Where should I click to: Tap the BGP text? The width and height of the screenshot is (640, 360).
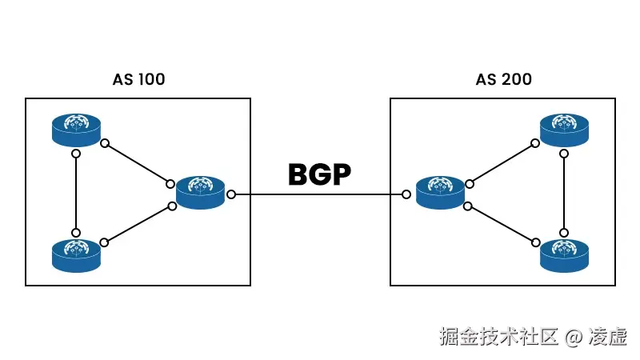coord(320,174)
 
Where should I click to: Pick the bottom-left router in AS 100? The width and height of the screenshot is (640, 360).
coord(77,254)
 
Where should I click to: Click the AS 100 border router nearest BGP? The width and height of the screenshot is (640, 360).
coord(201,193)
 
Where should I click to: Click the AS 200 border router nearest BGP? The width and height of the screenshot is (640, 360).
coord(441,193)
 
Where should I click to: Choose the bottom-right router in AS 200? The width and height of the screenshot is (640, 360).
coord(565,254)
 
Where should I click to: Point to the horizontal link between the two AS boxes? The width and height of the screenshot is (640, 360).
coord(320,194)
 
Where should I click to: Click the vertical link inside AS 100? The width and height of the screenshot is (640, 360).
coord(76,192)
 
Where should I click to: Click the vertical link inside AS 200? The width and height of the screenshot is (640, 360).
coord(566,192)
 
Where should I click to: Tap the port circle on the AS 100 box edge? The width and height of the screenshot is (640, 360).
coord(231,194)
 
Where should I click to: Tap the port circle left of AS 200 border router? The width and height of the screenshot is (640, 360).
coord(407,194)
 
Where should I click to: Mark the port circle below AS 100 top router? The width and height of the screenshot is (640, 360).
coord(76,153)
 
